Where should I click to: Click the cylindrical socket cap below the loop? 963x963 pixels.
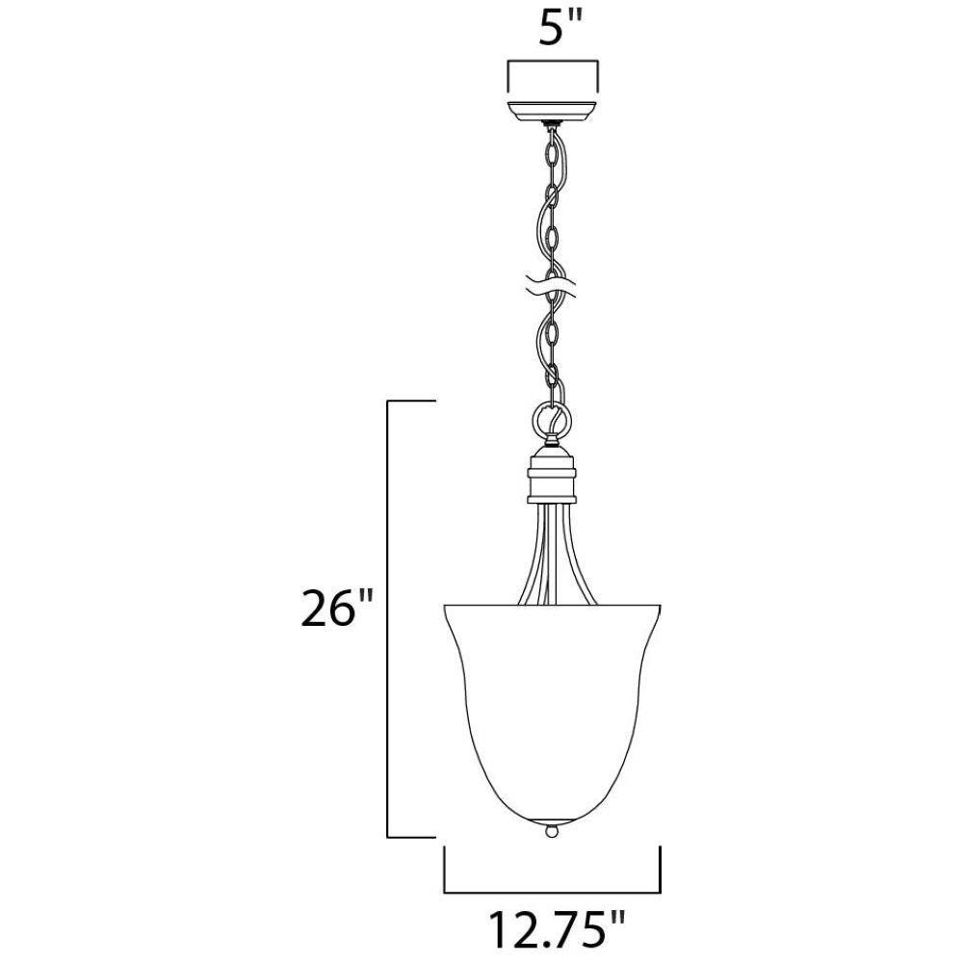(553, 474)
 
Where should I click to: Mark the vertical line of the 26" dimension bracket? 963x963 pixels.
(387, 618)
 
